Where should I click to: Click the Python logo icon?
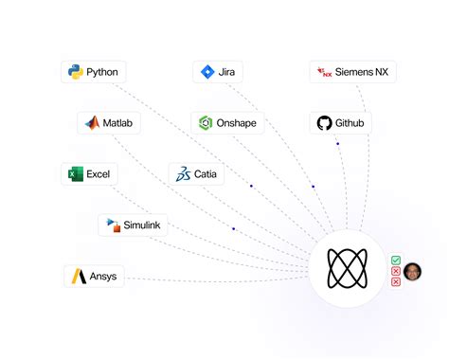coord(75,72)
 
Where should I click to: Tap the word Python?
coord(101,72)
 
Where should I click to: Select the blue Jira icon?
coord(207,72)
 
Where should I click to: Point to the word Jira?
coord(228,72)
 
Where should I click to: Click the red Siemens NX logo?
coord(325,72)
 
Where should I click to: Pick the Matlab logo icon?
coord(92,123)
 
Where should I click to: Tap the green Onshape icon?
coord(206,123)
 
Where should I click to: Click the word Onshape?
coord(237,123)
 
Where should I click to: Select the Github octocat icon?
coord(324,123)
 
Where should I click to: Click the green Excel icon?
coord(75,174)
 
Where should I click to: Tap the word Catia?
coord(206,174)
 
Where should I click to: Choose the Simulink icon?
coord(113,225)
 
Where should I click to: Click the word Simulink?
coord(142,225)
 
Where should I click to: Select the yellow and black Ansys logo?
coord(78,277)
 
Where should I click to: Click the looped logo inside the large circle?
coord(347,269)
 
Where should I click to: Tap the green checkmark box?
coord(395,261)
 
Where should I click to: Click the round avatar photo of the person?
coord(412,272)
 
